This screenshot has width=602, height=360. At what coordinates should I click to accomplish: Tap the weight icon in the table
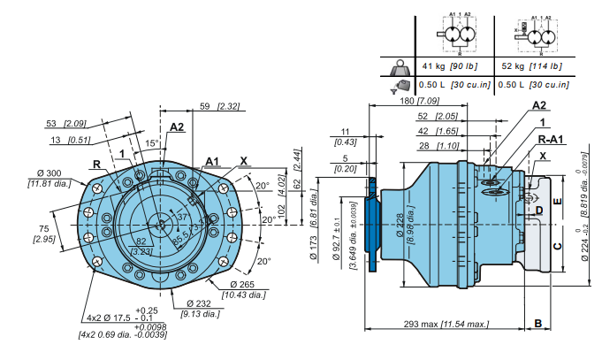[x=400, y=66]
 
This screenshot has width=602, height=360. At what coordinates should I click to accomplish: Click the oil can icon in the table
[x=400, y=85]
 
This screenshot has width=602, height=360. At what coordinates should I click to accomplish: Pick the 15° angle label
[x=152, y=142]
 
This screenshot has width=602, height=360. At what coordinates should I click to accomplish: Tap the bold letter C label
[x=556, y=245]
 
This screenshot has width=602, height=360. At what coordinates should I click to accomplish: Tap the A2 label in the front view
[x=176, y=127]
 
